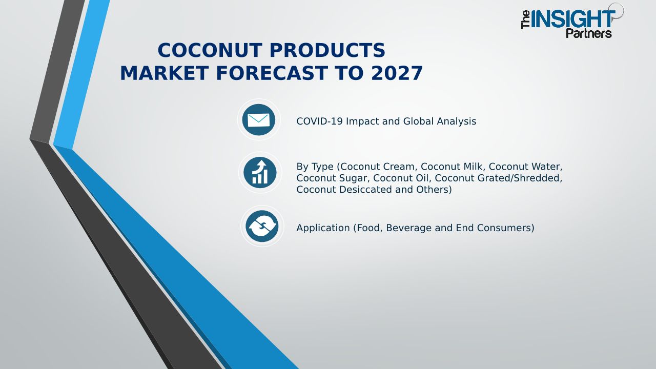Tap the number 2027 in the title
pyautogui.click(x=397, y=73)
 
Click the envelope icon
pyautogui.click(x=259, y=120)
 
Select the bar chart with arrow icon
pyautogui.click(x=260, y=173)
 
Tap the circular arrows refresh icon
pyautogui.click(x=262, y=226)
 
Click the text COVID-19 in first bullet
pyautogui.click(x=319, y=121)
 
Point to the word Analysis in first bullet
pyautogui.click(x=457, y=121)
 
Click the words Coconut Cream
pyautogui.click(x=378, y=167)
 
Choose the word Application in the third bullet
pyautogui.click(x=323, y=228)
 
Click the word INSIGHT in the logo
pyautogui.click(x=572, y=19)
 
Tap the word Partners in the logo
pyautogui.click(x=589, y=33)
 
